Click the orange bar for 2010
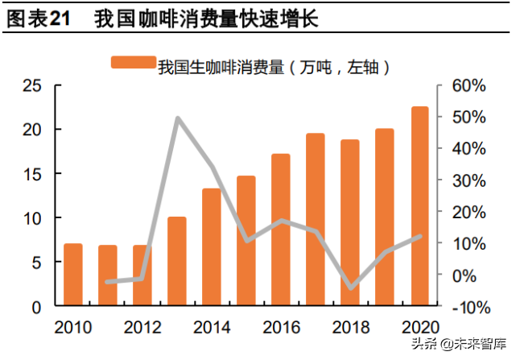click(72, 275)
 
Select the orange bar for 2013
click(176, 262)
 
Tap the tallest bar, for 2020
click(419, 206)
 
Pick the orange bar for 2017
click(316, 220)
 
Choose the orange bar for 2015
click(246, 241)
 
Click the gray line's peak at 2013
click(177, 118)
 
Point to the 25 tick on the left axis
click(31, 85)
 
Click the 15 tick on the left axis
click(31, 174)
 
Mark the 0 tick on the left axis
click(37, 307)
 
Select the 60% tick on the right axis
click(468, 85)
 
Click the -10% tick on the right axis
click(466, 307)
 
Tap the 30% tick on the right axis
click(468, 180)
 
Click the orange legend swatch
click(133, 64)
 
